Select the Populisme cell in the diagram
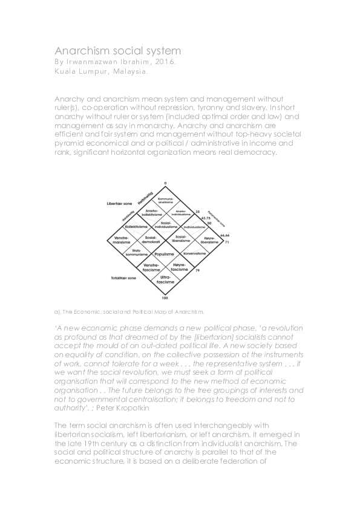[x=165, y=254]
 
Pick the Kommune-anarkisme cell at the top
[x=165, y=200]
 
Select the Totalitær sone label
[x=114, y=278]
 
